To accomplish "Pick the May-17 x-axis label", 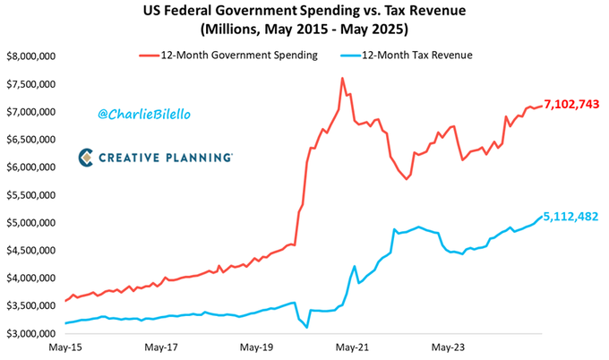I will pos(162,346).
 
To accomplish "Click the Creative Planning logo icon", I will pos(87,157).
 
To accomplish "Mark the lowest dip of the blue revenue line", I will pos(307,328).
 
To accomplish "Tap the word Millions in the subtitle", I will pos(236,30).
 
